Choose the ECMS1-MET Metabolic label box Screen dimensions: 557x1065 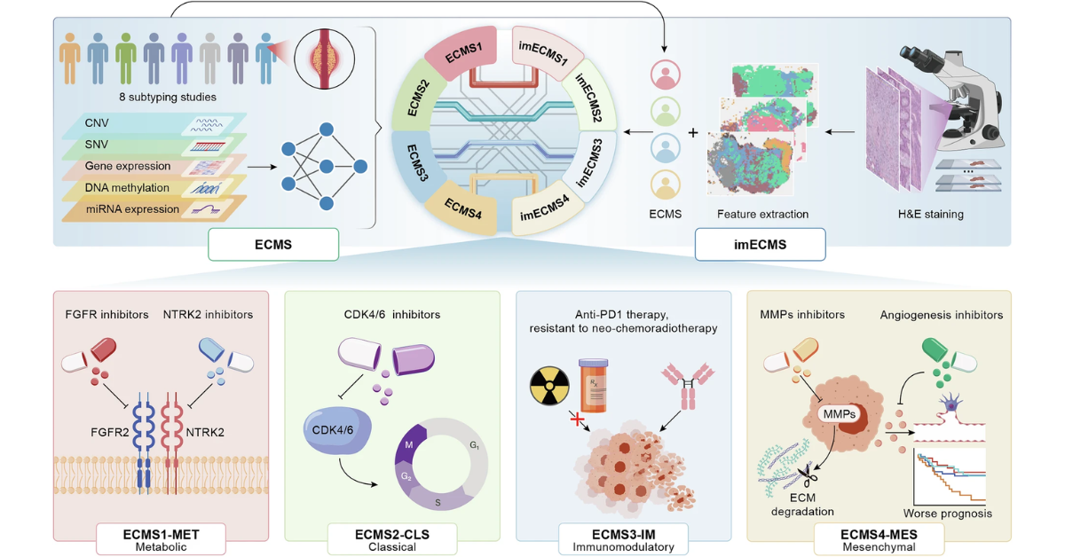(162, 539)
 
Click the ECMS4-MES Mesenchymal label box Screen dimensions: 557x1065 (880, 539)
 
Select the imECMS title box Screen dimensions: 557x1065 (760, 245)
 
